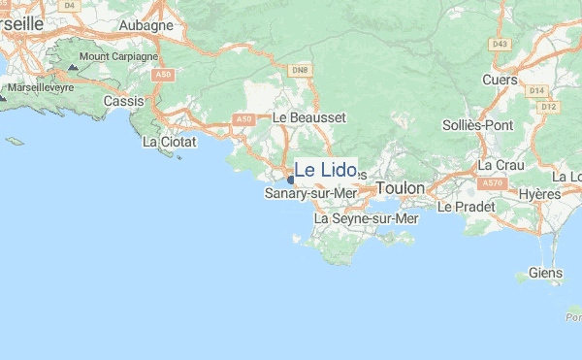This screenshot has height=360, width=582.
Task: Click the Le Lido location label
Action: tap(325, 170)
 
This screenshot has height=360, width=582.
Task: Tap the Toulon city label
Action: tap(401, 187)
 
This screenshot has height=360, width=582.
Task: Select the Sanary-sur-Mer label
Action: tap(310, 194)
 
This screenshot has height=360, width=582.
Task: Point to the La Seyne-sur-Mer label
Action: tap(367, 219)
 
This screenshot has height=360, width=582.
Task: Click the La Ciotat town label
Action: tap(169, 142)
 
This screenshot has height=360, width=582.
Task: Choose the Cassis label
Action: tap(123, 101)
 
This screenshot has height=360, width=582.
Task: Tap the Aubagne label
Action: tap(145, 24)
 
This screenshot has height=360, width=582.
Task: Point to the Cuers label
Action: tap(500, 81)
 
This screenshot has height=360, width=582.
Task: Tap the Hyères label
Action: tap(539, 194)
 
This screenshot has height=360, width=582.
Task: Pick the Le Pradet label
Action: tap(466, 207)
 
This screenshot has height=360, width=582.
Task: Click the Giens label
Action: tap(546, 273)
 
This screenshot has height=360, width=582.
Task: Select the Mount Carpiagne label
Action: tap(117, 56)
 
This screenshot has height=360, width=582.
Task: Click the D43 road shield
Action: tap(500, 44)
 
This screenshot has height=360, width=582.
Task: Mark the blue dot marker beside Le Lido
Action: tap(290, 179)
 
